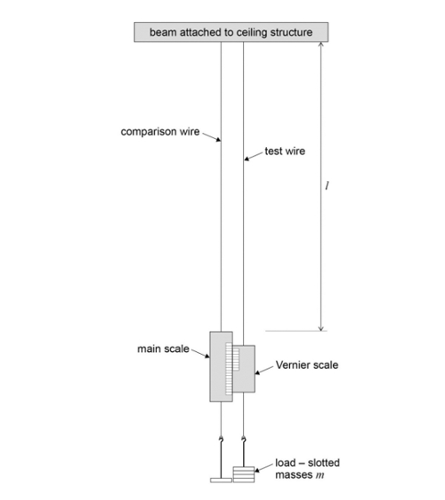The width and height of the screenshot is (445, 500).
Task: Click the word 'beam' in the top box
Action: point(165,32)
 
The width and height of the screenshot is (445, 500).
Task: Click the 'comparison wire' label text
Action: point(160,132)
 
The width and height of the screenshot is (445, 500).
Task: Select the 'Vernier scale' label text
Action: point(308,365)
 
